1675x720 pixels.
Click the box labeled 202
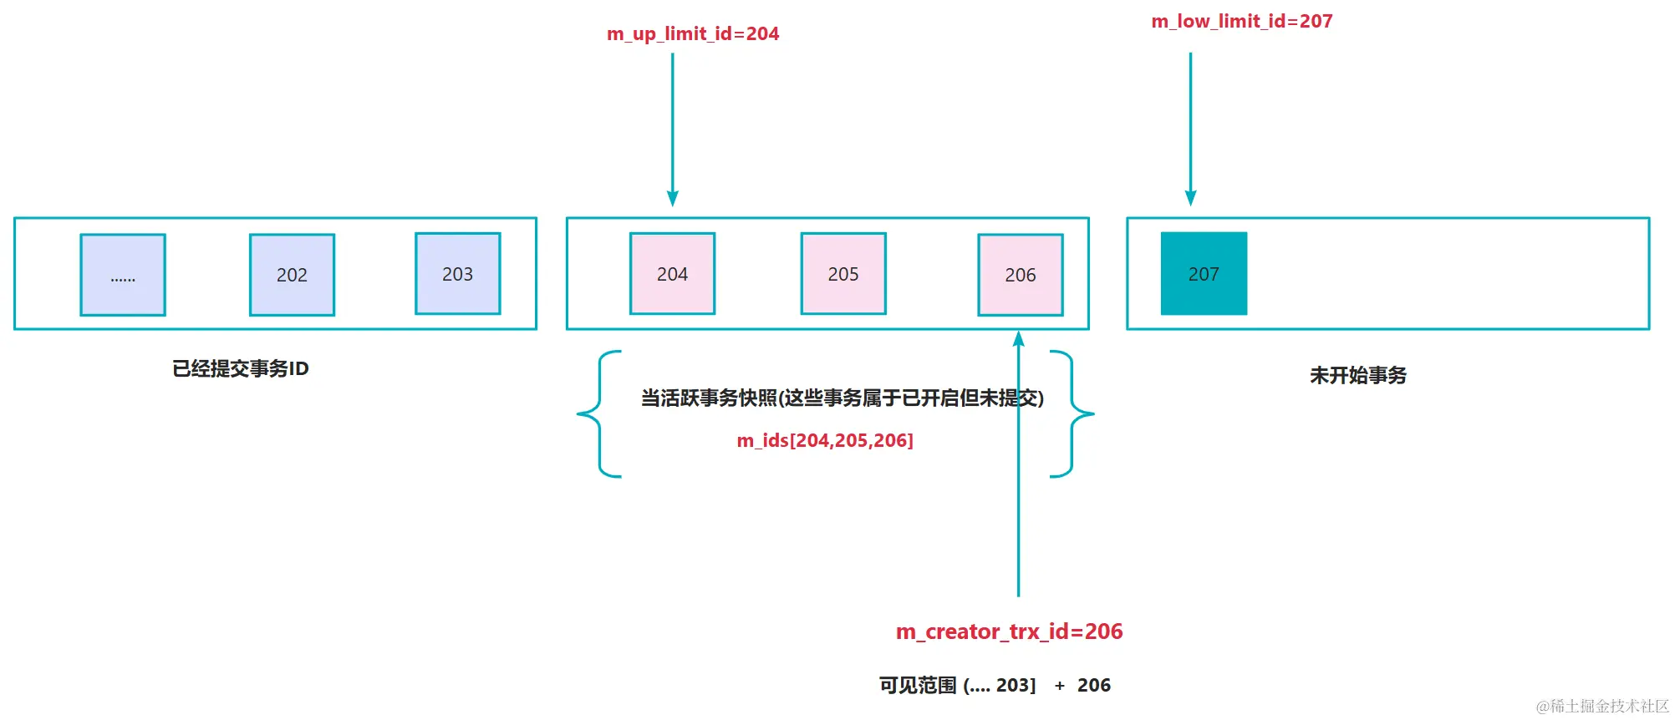292,275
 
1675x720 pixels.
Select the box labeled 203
457,274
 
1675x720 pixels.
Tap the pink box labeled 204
672,274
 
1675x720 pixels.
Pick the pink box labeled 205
843,274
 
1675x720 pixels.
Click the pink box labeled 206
1020,275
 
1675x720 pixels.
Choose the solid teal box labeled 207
1204,274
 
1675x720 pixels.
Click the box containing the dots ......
123,275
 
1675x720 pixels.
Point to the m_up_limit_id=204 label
692,33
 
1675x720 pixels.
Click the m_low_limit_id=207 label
1241,21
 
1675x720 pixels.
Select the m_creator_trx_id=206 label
1009,631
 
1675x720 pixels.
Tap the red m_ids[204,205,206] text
824,440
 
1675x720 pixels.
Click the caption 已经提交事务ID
241,368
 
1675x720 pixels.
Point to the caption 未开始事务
1357,375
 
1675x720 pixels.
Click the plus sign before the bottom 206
1059,686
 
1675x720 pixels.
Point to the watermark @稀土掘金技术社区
1601,707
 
